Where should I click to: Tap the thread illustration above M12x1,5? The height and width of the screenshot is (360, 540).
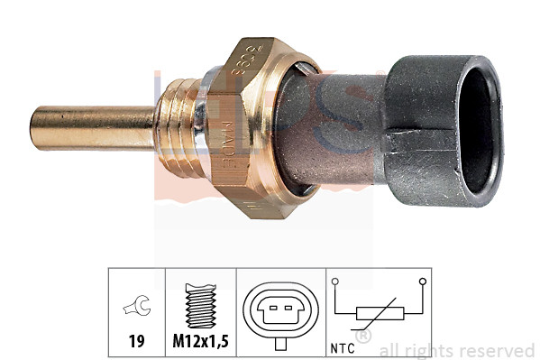(x=200, y=303)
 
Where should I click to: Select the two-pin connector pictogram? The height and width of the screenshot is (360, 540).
(x=280, y=311)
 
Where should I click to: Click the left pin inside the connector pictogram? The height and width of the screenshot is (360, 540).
(x=271, y=312)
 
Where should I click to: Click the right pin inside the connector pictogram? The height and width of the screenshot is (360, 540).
(x=289, y=312)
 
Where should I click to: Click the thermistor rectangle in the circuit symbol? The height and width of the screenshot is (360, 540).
(x=377, y=313)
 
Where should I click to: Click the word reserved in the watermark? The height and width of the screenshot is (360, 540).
(x=498, y=351)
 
